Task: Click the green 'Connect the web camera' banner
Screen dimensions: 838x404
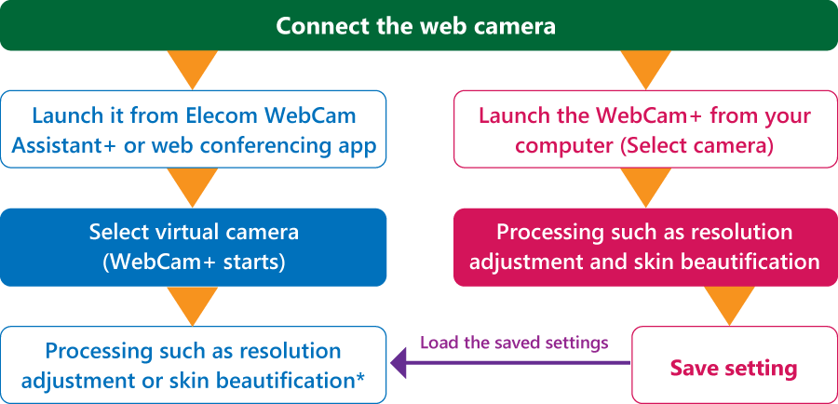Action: [419, 25]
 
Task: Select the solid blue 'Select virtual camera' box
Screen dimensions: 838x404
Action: [193, 247]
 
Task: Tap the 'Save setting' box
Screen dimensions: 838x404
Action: [735, 365]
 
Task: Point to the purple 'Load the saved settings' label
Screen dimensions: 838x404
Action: [514, 342]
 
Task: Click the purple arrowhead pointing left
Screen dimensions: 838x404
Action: [399, 363]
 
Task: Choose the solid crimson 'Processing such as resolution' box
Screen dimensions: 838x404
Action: [645, 247]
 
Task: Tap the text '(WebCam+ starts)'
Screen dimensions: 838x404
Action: [193, 263]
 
